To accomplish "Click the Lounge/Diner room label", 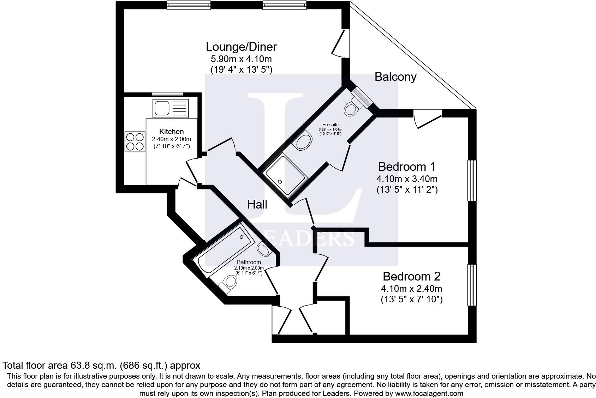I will (x=241, y=47).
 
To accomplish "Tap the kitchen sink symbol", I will (x=170, y=108).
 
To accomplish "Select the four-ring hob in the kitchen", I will (x=135, y=141).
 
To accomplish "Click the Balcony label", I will (x=395, y=77).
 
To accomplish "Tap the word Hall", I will (x=257, y=204).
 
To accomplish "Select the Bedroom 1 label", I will (x=407, y=166).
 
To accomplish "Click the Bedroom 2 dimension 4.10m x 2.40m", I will (x=411, y=289).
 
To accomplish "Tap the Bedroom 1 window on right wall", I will (x=472, y=180).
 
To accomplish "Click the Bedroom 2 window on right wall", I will (x=472, y=285).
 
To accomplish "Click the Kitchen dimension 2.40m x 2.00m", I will (x=172, y=139).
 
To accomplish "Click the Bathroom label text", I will (x=249, y=262).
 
